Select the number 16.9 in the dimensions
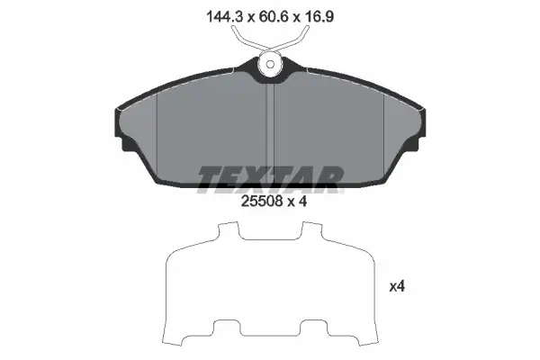coord(319,16)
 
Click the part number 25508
coord(262,202)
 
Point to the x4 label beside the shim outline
coord(397,286)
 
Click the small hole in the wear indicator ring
coord(270,65)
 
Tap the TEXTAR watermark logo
coord(271,179)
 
